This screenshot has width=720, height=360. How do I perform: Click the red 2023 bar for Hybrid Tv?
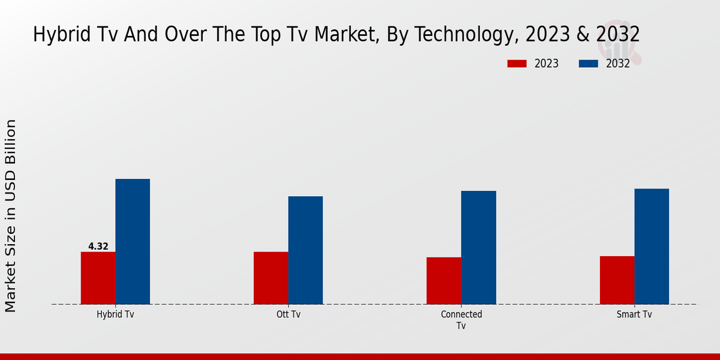click(98, 278)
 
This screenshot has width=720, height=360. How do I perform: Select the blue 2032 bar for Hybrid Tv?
click(133, 241)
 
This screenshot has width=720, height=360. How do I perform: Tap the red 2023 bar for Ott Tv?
click(271, 278)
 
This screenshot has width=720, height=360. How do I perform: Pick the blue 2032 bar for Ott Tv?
click(305, 250)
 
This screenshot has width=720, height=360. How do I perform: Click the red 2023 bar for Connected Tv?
click(444, 281)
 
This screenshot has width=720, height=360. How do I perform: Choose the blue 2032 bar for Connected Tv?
click(479, 247)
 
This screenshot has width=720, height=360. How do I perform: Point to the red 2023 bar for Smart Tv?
click(617, 280)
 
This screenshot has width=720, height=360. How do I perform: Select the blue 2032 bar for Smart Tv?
click(652, 246)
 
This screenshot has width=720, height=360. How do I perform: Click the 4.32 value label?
click(98, 246)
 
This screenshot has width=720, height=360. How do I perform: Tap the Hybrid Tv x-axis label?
click(115, 314)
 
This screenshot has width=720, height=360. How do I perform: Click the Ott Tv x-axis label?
click(288, 314)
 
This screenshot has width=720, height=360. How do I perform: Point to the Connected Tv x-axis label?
click(461, 320)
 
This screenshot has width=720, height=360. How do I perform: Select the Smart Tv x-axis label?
click(634, 314)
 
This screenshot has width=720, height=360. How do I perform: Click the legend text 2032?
click(618, 64)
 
